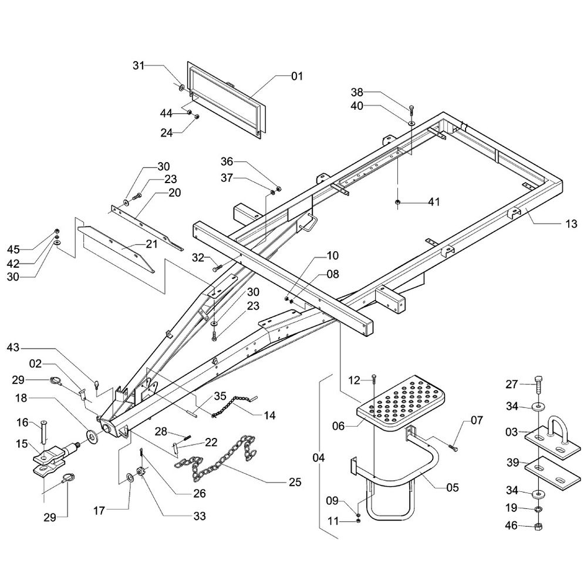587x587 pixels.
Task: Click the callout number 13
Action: (571, 224)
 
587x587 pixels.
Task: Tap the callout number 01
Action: (297, 76)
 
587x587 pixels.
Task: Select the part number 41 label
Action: (434, 202)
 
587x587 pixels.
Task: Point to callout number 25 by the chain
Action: (295, 482)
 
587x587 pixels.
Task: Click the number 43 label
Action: (13, 348)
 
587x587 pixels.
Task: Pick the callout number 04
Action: (319, 458)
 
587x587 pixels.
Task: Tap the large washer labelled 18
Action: (91, 436)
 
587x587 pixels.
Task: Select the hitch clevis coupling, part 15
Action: (56, 459)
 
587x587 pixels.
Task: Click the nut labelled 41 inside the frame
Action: (397, 203)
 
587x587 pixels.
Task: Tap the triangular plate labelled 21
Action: (116, 248)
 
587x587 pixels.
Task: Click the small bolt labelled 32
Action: (217, 268)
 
